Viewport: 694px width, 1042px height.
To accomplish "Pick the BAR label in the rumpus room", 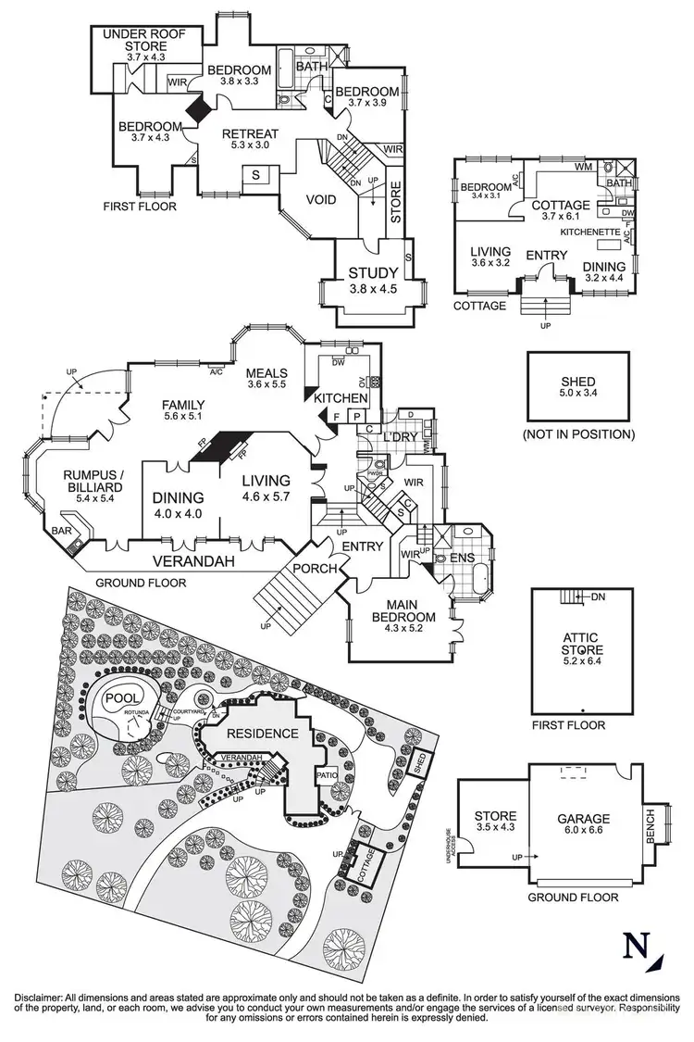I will coord(63,531).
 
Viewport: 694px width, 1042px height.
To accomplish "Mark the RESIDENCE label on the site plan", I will coord(264,733).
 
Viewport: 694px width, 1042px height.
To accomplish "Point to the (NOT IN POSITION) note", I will coord(577,433).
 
